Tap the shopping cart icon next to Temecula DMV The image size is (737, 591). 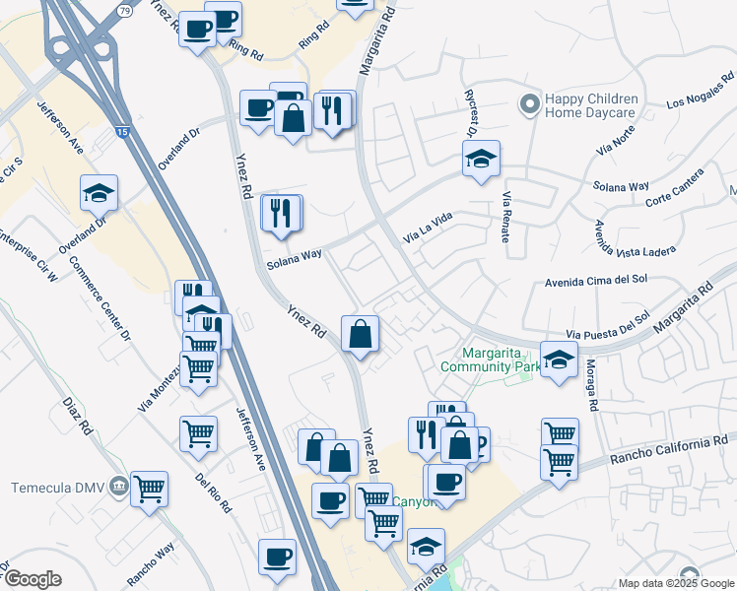[x=149, y=487]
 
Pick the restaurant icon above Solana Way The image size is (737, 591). [x=282, y=213]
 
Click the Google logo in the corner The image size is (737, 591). [x=33, y=579]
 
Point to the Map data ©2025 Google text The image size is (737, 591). [x=675, y=583]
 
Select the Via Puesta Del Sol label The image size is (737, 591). [x=607, y=326]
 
